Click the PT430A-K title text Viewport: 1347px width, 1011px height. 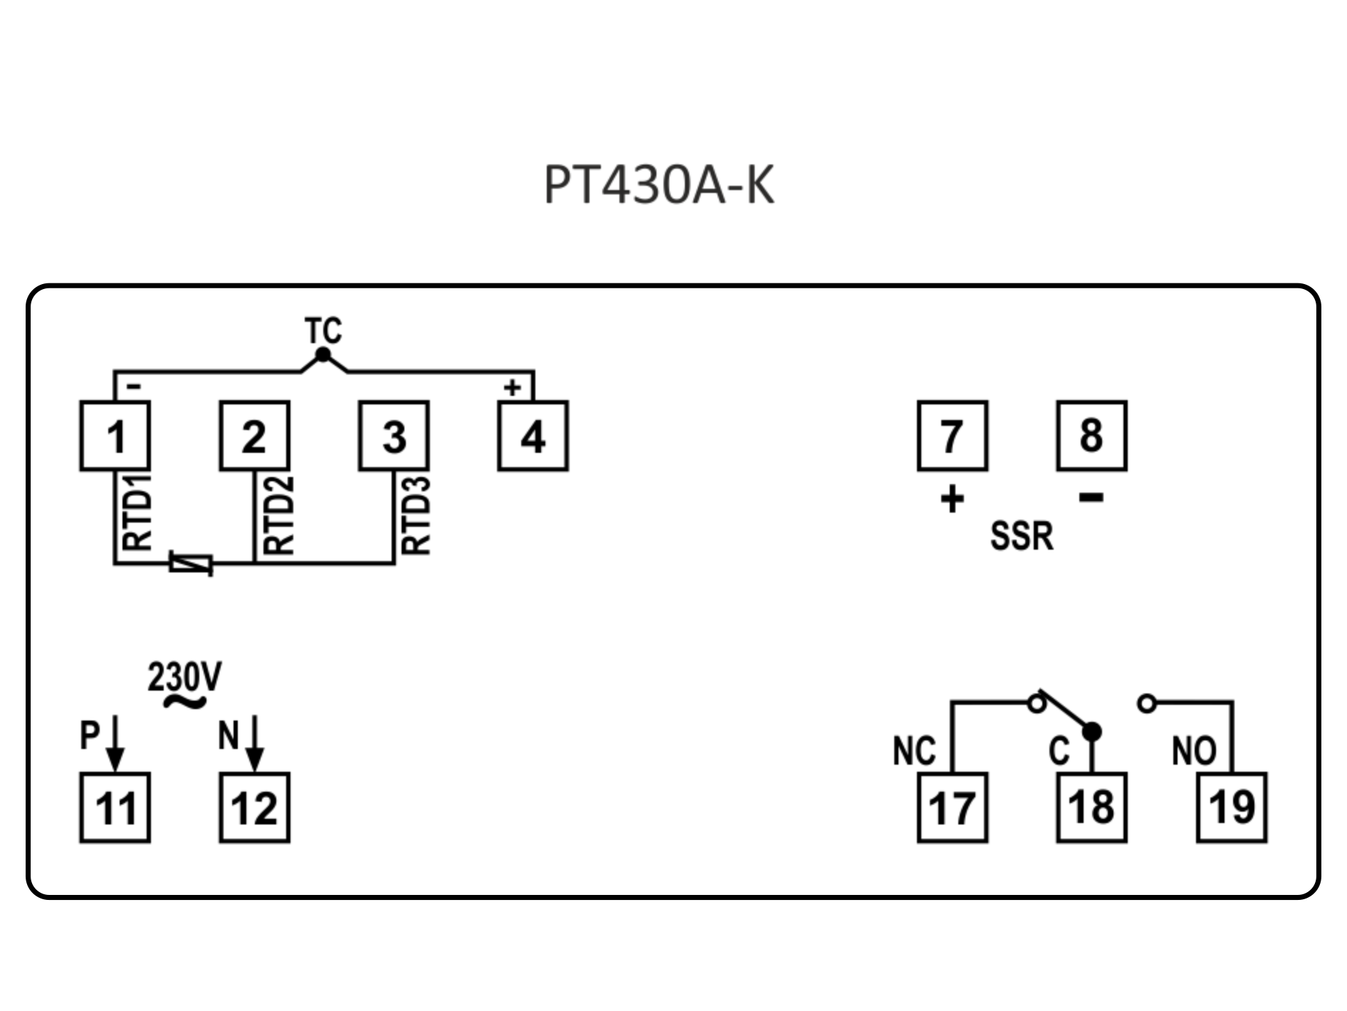pos(659,185)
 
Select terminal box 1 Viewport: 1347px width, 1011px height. pos(115,436)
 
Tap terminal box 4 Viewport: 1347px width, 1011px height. pos(533,436)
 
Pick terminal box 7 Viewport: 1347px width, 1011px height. pos(952,436)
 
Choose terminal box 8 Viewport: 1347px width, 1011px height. pos(1091,436)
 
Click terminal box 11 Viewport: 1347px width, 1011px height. pos(115,807)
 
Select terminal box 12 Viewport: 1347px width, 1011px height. pos(254,807)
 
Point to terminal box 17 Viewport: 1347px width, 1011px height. pos(952,807)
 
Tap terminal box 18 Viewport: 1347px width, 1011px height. pos(1091,807)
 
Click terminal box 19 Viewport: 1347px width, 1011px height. pos(1232,807)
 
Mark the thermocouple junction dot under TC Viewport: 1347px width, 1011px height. pos(323,355)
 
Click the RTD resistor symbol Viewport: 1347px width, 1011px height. pos(191,564)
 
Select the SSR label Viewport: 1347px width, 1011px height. pos(1021,536)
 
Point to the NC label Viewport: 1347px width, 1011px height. pos(914,751)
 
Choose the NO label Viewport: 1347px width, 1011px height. pos(1194,751)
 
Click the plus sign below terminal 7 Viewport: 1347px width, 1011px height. pos(952,499)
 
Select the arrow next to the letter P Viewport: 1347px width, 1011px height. pos(115,744)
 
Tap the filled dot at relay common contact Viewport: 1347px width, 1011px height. pos(1091,731)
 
